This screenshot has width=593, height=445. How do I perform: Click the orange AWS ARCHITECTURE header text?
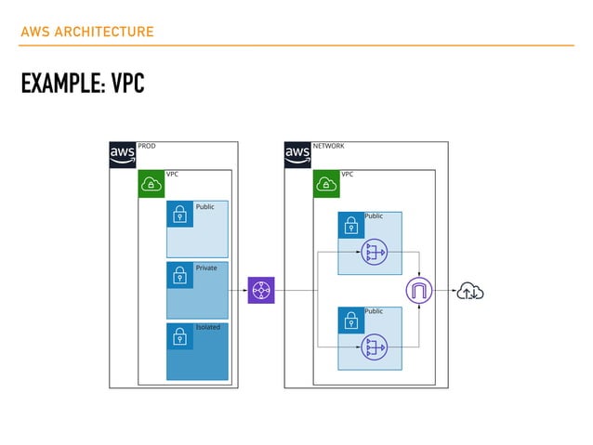click(86, 33)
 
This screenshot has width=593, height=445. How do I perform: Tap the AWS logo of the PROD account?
click(123, 154)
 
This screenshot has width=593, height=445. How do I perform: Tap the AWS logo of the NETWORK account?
click(297, 154)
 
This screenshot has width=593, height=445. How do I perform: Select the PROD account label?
click(147, 146)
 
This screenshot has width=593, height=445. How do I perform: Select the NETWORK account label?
click(328, 146)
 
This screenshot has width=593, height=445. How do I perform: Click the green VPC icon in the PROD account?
click(152, 184)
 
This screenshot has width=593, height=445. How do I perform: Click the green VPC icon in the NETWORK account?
click(326, 184)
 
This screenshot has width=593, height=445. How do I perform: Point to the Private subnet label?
click(205, 268)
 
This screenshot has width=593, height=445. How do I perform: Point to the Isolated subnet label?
click(207, 327)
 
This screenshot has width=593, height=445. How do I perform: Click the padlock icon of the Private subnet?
click(179, 275)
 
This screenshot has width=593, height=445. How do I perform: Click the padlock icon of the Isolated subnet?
click(179, 335)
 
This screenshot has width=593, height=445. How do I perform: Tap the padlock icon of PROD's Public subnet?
click(179, 215)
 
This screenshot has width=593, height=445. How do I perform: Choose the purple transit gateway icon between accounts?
click(261, 290)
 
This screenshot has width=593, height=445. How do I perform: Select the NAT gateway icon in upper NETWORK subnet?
click(375, 252)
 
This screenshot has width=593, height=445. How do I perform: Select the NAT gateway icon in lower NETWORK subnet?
click(375, 347)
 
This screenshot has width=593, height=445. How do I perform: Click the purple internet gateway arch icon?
click(419, 292)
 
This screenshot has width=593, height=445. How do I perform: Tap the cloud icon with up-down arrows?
click(469, 292)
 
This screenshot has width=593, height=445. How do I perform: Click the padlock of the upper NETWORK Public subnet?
click(350, 226)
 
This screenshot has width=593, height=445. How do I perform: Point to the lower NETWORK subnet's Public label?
click(374, 311)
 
